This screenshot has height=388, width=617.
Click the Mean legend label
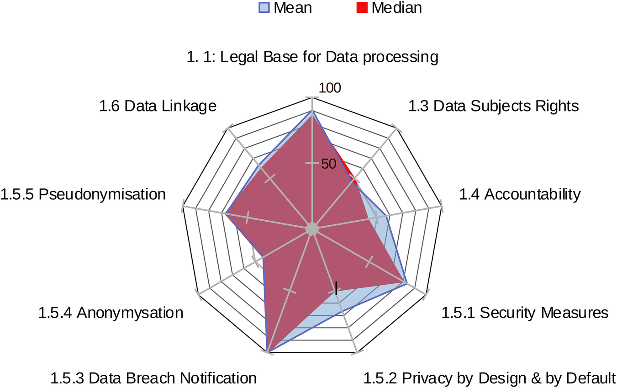coord(293,8)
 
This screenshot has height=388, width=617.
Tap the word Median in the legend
coord(396,8)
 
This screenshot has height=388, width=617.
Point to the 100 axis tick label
coord(329,88)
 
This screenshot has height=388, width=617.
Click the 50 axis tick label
coord(328,164)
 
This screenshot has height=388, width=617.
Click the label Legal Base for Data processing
coord(312,57)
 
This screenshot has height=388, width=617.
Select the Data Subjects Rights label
coord(493,106)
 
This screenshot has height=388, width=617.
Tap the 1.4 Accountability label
coord(520,194)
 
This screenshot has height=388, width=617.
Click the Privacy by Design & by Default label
coord(490,378)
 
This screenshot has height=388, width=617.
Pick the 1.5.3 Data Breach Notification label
coord(153,378)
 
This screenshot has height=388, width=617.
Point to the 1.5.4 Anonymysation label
coord(111,313)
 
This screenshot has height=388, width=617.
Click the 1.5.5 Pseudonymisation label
coord(83,194)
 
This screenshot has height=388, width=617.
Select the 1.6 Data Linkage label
coord(158,106)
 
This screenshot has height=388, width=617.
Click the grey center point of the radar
coord(312,229)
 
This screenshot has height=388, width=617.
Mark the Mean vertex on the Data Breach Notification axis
coord(268,351)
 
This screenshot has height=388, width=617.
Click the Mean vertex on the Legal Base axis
coord(312,111)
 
